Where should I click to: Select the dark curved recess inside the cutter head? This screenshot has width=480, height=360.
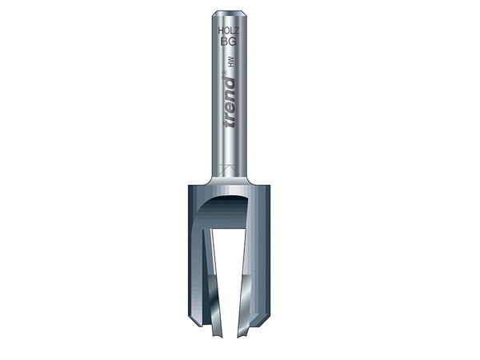224,210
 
